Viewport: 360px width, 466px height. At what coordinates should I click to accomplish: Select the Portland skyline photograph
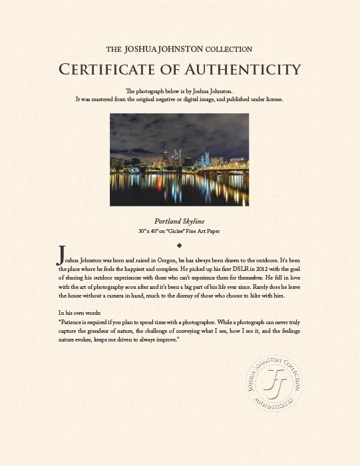pos(179,159)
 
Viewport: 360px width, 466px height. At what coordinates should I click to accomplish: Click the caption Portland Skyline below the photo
pos(179,221)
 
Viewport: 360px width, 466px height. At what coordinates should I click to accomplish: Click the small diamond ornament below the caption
pos(180,245)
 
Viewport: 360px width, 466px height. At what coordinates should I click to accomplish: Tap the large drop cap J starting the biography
pos(62,254)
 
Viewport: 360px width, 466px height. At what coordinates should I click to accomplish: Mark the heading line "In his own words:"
pos(81,312)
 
